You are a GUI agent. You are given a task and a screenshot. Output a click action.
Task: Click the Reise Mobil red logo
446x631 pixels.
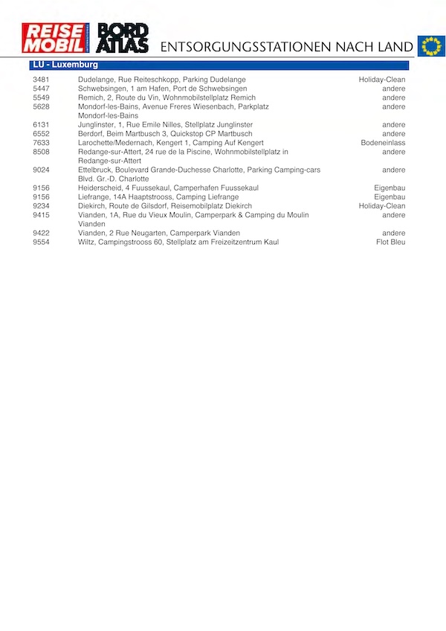tap(55, 38)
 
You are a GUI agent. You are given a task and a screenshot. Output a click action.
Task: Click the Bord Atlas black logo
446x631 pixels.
tap(123, 38)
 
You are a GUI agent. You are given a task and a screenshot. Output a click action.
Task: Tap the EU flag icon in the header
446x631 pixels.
tap(430, 46)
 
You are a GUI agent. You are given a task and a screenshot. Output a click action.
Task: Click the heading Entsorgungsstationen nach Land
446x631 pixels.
tap(287, 47)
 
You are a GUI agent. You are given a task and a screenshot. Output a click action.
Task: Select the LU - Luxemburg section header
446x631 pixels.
tap(65, 65)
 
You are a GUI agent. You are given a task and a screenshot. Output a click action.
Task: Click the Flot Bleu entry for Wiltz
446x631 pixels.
tap(391, 242)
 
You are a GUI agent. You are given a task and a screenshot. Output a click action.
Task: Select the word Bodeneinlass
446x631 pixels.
tap(384, 143)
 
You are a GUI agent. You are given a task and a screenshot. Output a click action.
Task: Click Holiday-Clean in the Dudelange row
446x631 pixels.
tap(382, 80)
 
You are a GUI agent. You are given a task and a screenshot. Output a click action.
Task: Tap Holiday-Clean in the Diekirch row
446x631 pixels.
tap(382, 206)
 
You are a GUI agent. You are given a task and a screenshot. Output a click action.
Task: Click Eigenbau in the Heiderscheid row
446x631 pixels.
tap(390, 188)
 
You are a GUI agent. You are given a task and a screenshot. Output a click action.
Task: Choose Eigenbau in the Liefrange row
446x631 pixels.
tap(390, 197)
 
